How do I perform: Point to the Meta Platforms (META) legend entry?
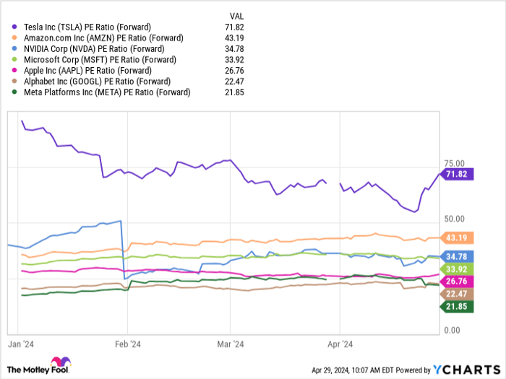pos(107,92)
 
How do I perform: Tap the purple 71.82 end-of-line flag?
pos(457,175)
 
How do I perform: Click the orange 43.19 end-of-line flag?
pos(457,238)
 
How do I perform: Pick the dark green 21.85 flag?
pos(457,307)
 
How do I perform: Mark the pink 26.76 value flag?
pos(457,281)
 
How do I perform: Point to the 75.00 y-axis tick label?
pos(455,163)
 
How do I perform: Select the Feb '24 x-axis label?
pos(127,344)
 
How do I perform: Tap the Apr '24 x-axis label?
pos(340,344)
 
